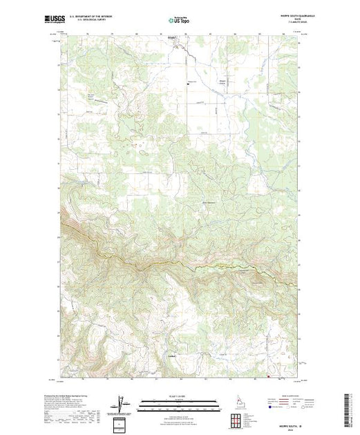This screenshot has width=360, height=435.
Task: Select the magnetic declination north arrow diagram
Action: click(x=122, y=403)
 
